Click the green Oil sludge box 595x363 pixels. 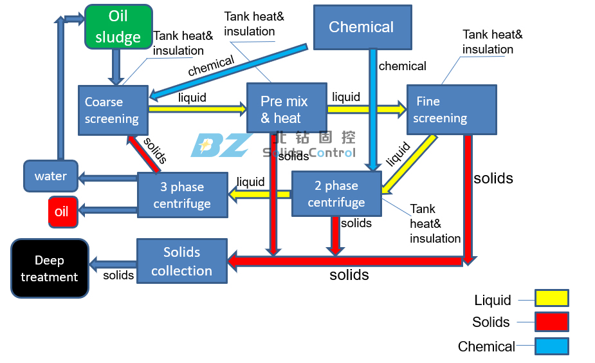(118, 27)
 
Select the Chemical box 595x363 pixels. (363, 27)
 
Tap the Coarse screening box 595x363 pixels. (113, 111)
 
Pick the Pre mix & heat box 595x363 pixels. (287, 108)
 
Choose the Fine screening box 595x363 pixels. (452, 109)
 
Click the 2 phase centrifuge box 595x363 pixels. (336, 194)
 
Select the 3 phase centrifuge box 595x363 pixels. (183, 195)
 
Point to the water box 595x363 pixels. (51, 176)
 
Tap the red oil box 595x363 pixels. (63, 212)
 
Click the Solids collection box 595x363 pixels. (182, 261)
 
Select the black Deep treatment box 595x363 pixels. (50, 268)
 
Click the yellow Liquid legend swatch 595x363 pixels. (552, 298)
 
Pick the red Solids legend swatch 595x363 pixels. (552, 322)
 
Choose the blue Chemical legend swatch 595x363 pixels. (552, 346)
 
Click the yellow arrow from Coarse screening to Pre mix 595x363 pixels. (197, 109)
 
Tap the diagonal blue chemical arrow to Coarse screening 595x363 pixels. (228, 72)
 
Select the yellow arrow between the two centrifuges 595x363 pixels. (260, 195)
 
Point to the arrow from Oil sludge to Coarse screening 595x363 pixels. (116, 67)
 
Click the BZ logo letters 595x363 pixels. (221, 145)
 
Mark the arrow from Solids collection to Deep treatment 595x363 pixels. (113, 265)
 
